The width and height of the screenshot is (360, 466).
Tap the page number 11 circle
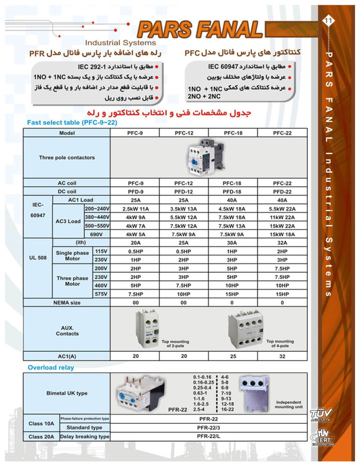point(329,22)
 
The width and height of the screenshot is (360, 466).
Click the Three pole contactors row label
point(67,158)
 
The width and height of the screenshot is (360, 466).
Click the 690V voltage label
point(96,234)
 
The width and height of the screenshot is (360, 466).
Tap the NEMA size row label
point(67,303)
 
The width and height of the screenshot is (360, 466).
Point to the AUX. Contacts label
point(67,330)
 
